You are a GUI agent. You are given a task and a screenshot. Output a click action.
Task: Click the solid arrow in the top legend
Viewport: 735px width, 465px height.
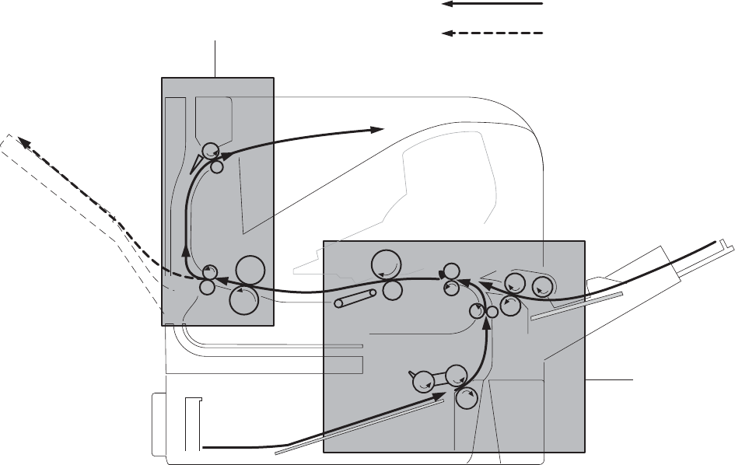tap(492, 4)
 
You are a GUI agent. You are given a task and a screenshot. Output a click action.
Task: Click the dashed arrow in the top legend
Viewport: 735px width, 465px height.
tap(492, 33)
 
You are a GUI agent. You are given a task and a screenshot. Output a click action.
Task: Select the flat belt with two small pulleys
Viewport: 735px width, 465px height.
tap(355, 298)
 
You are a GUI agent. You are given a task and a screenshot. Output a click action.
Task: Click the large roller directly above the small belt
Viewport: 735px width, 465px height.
tap(387, 264)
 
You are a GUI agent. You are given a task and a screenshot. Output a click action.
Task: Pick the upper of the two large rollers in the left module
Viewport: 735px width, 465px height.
tap(250, 269)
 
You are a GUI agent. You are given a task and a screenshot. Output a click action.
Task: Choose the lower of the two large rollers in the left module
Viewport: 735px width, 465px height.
tap(244, 300)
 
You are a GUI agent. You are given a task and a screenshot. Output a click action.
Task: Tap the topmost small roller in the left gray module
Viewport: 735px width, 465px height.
tap(210, 150)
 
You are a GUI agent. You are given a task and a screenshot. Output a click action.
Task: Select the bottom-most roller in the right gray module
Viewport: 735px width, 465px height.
tap(465, 398)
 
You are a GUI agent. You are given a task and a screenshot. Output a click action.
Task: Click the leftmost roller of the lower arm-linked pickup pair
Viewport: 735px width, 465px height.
tap(422, 381)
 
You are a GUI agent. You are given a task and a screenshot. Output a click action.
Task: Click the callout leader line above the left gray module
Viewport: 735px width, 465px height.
tap(215, 58)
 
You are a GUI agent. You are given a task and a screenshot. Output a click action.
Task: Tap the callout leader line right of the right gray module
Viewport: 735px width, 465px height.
tap(610, 379)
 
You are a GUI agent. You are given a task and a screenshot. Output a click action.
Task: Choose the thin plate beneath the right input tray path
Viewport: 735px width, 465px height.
tap(576, 306)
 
